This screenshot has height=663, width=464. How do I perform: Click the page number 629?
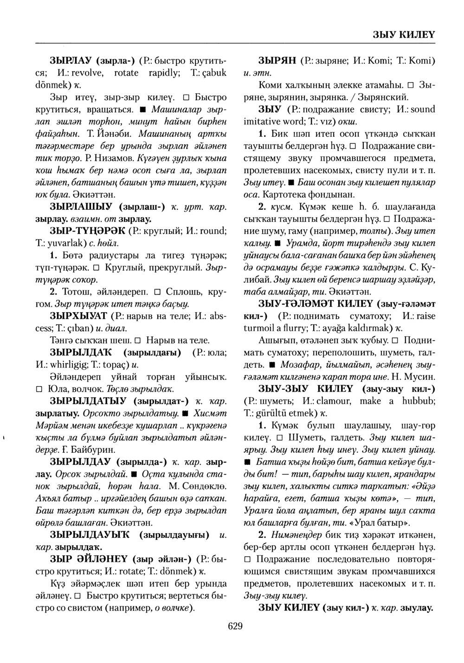point(235,626)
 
